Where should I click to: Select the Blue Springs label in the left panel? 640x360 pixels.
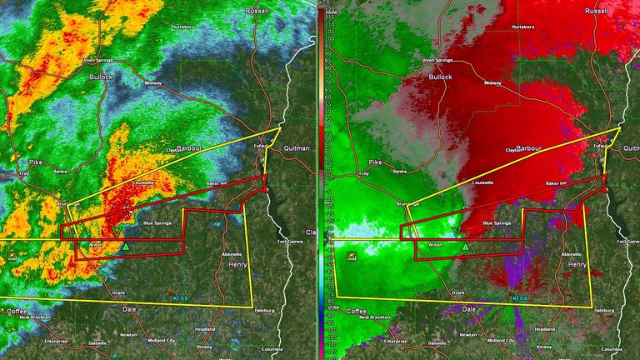(x=157, y=223)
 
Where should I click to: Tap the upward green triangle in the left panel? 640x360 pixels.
(x=125, y=247)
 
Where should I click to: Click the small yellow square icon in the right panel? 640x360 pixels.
(x=352, y=257)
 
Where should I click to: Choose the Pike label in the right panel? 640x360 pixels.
(x=375, y=164)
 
